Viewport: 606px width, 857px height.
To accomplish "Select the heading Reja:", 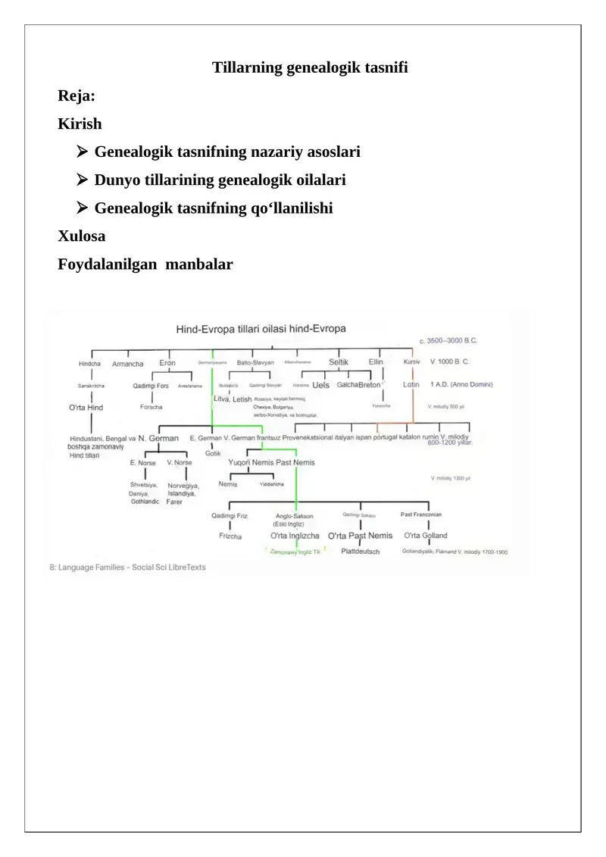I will pyautogui.click(x=77, y=96).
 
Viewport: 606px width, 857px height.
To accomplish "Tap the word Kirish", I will pyautogui.click(x=80, y=124).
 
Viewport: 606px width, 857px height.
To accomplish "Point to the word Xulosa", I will pyautogui.click(x=82, y=236).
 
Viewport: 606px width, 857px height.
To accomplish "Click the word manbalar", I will pyautogui.click(x=200, y=264).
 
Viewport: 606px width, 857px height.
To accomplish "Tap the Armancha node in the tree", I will pyautogui.click(x=127, y=364).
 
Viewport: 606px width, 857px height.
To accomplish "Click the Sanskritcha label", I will pyautogui.click(x=91, y=386).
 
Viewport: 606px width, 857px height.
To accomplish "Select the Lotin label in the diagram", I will pyautogui.click(x=411, y=385).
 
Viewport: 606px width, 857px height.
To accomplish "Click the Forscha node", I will pyautogui.click(x=151, y=407).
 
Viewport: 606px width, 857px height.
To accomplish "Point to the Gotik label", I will pyautogui.click(x=213, y=453).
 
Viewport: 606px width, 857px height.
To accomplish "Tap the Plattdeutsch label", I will pyautogui.click(x=360, y=552).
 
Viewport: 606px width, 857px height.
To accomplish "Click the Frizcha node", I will pyautogui.click(x=230, y=536).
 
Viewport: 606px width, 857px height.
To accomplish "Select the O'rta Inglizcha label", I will pyautogui.click(x=295, y=536).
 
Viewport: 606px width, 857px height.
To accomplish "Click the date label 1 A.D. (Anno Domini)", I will pyautogui.click(x=461, y=385).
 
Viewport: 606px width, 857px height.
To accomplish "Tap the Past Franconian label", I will pyautogui.click(x=421, y=515).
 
